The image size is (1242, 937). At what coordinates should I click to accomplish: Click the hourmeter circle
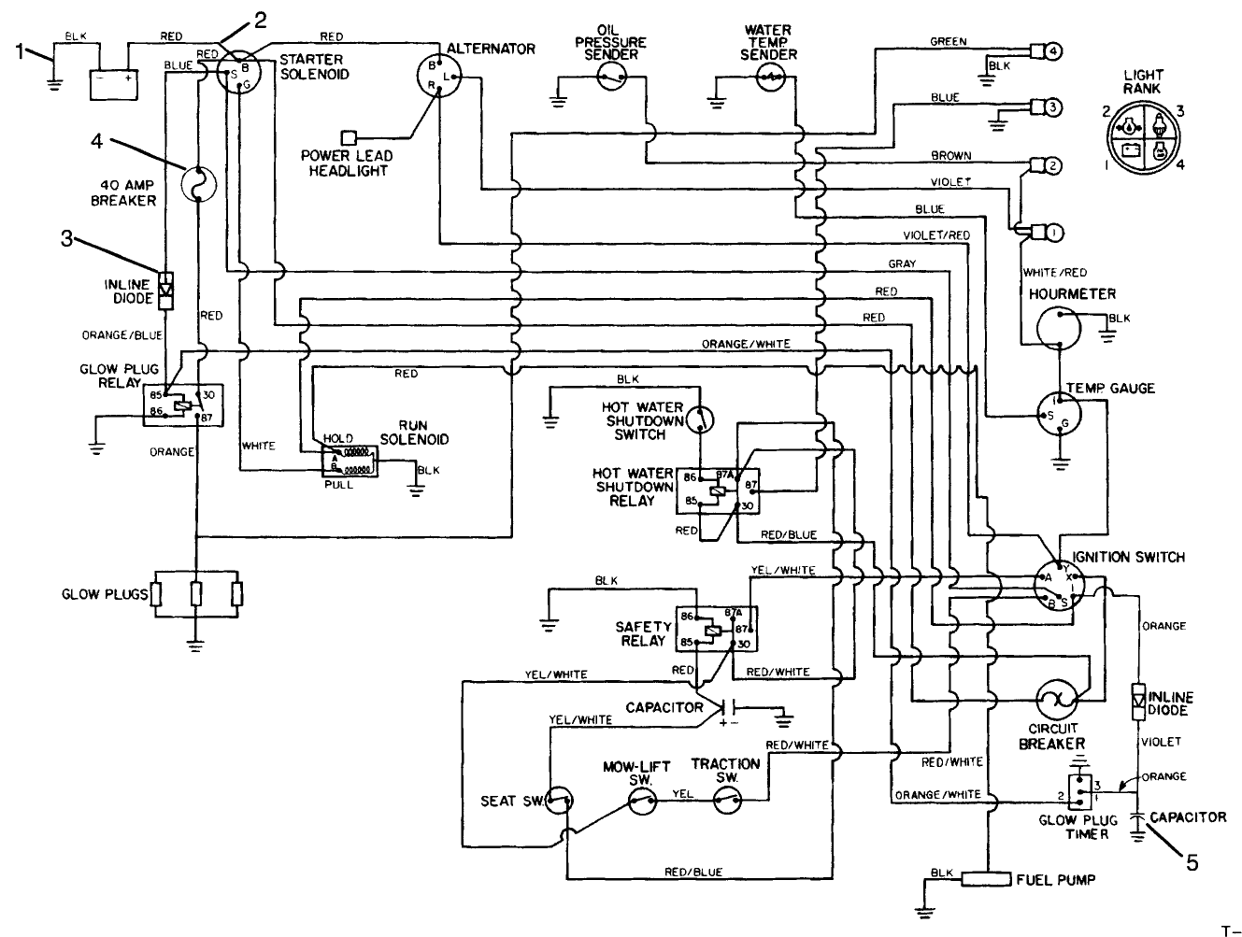coord(1058,328)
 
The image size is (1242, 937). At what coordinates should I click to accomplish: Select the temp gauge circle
coord(1059,412)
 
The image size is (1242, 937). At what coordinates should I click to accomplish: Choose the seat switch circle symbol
coord(560,799)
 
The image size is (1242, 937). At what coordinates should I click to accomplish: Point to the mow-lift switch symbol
coord(640,799)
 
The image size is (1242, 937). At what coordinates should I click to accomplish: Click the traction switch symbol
coord(727,799)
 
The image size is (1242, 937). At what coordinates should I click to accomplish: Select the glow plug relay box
coord(183,405)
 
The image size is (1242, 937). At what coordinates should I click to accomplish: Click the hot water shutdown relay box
coord(719,490)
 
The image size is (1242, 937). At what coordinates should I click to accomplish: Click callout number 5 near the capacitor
coord(1191,862)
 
